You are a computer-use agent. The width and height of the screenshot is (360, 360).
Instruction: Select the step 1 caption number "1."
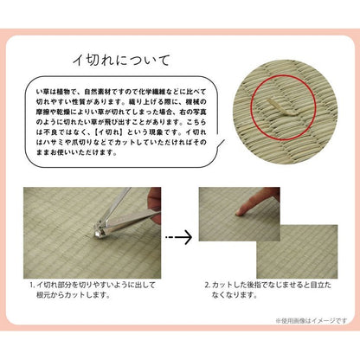(x=32, y=284)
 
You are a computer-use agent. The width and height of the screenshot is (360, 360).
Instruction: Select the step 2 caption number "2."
(x=208, y=284)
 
